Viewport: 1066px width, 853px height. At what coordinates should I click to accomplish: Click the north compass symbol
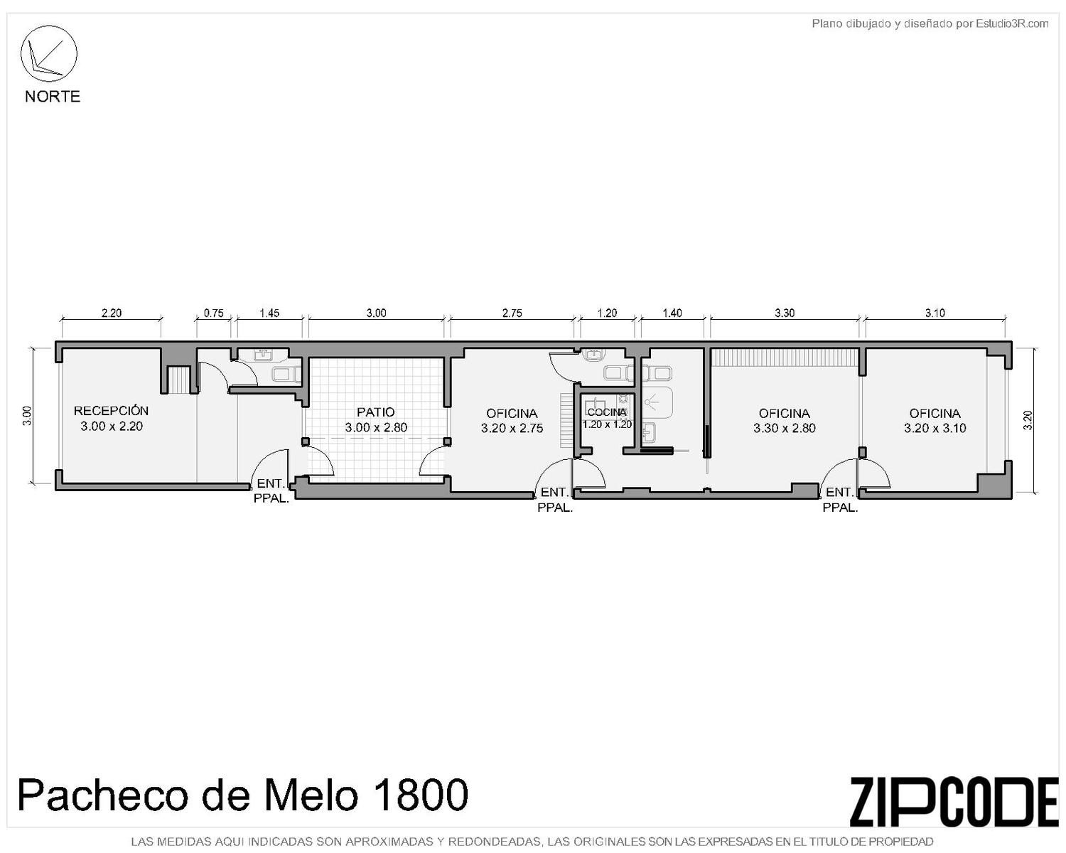pos(48,53)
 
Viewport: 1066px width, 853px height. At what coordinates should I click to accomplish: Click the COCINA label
pos(607,412)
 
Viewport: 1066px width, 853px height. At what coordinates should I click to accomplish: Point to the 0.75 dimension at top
pos(213,313)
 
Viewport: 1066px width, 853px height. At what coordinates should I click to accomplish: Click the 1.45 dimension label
pos(269,313)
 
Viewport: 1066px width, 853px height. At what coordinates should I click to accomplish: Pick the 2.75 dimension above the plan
pos(512,313)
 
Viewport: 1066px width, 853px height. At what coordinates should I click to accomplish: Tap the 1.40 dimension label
pos(672,313)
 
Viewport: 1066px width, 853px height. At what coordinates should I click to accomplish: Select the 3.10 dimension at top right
pos(935,313)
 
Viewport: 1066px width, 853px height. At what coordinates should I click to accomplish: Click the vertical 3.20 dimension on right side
pos(1028,420)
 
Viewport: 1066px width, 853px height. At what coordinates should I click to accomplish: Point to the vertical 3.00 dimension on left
pos(27,415)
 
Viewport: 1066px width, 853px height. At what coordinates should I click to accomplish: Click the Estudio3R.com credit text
pos(1012,23)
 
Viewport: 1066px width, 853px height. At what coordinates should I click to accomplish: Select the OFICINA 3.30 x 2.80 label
pos(784,420)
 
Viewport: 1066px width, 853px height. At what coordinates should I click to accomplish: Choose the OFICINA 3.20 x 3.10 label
pos(935,420)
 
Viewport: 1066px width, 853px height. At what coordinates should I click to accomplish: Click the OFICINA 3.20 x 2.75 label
pos(512,420)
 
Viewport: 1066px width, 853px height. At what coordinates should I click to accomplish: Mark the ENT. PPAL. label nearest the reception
pos(271,490)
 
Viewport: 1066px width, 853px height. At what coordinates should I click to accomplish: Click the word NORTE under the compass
pos(53,96)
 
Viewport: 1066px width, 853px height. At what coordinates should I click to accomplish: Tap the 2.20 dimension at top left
pos(112,313)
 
